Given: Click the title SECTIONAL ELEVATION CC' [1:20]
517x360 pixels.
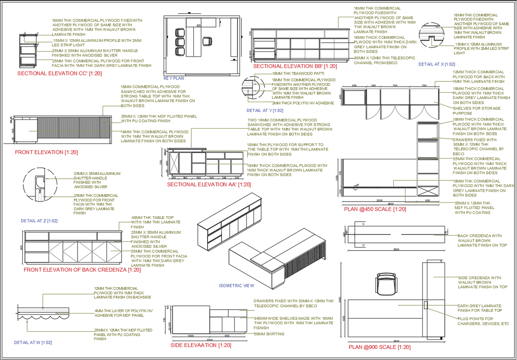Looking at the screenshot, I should coord(59,74).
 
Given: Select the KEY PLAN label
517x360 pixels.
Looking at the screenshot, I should coord(174,79).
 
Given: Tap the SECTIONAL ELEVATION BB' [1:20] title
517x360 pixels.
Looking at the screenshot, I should coord(295,66).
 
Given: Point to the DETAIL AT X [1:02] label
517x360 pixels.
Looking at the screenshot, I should coord(437,64).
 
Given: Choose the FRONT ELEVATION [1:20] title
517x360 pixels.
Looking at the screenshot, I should coord(46,152).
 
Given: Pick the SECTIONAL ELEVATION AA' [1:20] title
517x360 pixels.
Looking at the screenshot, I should coord(209,184).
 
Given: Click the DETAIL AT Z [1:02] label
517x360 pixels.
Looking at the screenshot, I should coord(39,221).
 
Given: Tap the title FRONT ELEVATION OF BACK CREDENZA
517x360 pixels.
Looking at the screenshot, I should coord(82,270).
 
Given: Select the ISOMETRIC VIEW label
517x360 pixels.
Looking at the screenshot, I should coord(237,286).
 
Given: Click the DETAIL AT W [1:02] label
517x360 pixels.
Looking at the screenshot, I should coord(33,343).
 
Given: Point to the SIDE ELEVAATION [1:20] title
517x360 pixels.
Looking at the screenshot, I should coord(201,345).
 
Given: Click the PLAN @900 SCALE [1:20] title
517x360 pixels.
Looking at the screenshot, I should coord(379,347).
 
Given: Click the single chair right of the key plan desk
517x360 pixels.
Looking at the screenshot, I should coord(207,41).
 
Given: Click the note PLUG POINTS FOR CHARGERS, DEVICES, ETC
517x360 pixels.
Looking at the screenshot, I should coord(483,321).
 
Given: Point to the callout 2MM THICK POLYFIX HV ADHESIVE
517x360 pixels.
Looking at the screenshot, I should coord(303,103).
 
